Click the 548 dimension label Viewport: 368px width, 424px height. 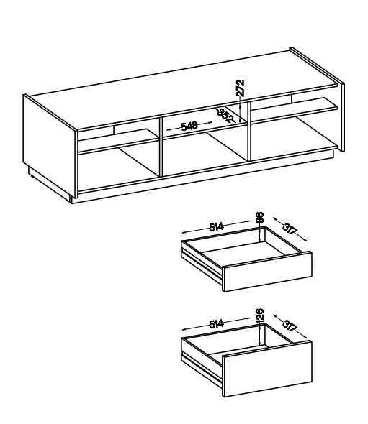(189, 126)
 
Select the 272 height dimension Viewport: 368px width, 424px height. (240, 88)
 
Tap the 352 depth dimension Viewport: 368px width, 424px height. (225, 116)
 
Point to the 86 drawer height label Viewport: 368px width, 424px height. (259, 218)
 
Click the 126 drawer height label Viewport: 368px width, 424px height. (259, 315)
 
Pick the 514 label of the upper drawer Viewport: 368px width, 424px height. (217, 226)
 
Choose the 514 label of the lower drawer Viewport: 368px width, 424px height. (217, 323)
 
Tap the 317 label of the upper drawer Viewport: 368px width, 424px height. (290, 229)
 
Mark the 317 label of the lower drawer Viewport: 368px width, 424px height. (290, 326)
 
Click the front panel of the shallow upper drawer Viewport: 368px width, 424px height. (267, 272)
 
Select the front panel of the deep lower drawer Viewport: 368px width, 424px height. (267, 369)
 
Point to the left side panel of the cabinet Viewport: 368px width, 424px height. (49, 145)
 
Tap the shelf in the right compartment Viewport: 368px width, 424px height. (294, 109)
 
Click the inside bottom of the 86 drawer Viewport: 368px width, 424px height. (246, 254)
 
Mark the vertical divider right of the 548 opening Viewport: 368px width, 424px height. (248, 132)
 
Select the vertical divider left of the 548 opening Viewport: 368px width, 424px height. (161, 147)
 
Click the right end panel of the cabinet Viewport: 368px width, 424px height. (341, 116)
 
